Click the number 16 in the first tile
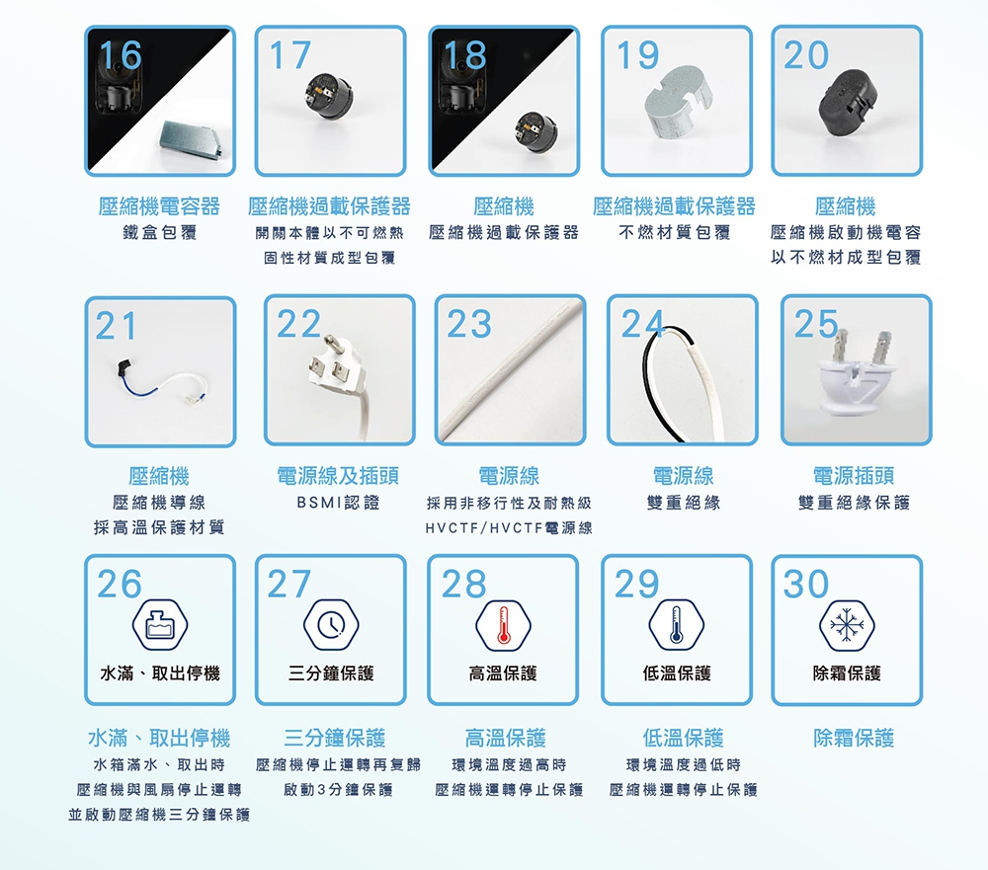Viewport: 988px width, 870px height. point(121,55)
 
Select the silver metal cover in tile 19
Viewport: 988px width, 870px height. point(678,111)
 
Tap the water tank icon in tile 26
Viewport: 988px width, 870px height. point(159,625)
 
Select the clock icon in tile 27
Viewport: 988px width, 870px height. point(331,625)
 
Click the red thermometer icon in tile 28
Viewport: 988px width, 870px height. point(503,625)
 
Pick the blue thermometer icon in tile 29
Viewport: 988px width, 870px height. point(676,625)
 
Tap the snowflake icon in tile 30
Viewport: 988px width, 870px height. point(847,625)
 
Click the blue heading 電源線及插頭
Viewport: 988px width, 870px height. point(338,476)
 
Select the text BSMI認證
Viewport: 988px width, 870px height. point(338,503)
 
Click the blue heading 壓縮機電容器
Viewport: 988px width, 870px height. point(159,206)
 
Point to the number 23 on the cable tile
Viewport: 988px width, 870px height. point(469,324)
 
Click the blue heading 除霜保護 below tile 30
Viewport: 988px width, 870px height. point(854,738)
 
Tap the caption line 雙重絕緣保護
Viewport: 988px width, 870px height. point(854,503)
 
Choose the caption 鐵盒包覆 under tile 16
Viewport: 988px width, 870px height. point(159,233)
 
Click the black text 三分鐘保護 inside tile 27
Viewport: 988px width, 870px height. point(331,673)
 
